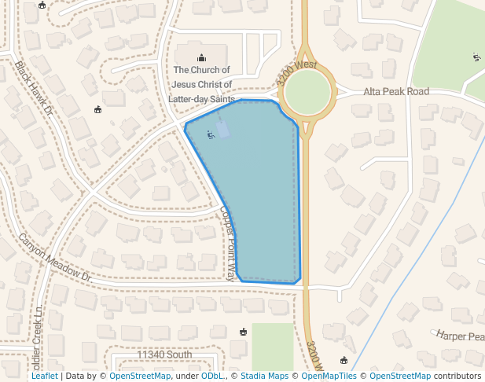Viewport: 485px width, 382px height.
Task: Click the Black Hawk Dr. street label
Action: click(33, 89)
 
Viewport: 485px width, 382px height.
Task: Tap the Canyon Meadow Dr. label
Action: click(56, 258)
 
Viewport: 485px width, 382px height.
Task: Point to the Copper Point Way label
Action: click(228, 242)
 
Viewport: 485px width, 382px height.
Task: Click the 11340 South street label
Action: click(164, 355)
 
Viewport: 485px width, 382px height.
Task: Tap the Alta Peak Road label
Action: click(396, 92)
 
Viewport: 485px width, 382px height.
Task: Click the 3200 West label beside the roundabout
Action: click(296, 73)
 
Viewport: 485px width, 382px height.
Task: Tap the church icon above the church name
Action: click(202, 57)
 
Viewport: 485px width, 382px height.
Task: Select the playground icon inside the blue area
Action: click(209, 134)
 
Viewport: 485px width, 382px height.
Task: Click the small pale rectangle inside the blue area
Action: click(223, 129)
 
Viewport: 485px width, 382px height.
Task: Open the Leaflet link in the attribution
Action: click(44, 376)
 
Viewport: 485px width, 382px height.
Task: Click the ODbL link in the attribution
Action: click(212, 376)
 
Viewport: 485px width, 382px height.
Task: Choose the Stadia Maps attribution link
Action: click(263, 376)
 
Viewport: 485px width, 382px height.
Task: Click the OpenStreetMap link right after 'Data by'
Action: click(140, 376)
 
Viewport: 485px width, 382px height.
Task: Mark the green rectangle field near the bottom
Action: click(272, 346)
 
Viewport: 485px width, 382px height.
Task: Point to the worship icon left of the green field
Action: click(243, 332)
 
